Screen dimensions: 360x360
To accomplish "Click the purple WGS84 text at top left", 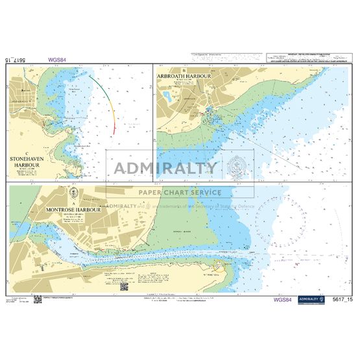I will coord(57,60).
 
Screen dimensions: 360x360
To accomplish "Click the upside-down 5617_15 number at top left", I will coord(19,60).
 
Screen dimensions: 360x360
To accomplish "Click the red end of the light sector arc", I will coord(114,130).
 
